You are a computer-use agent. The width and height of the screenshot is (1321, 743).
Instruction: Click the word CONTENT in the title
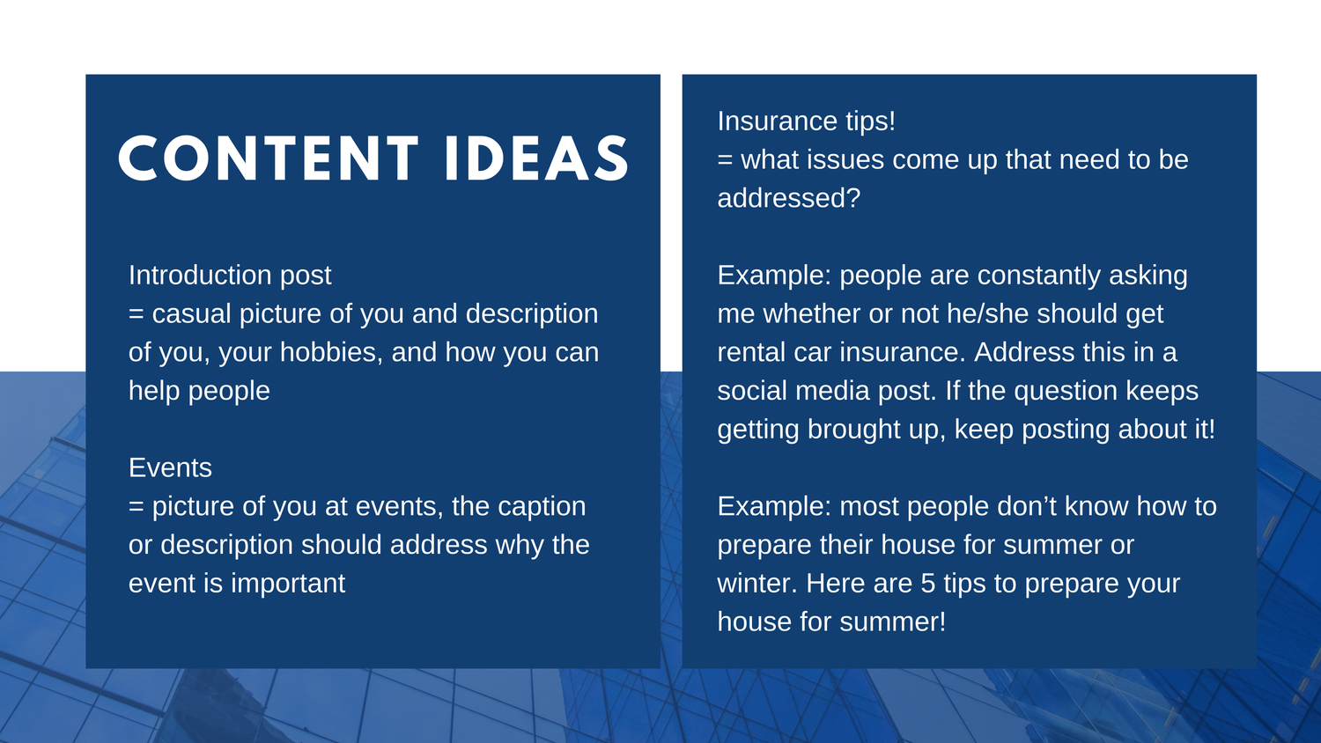(269, 158)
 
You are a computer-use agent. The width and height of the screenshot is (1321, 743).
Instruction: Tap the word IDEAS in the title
(536, 158)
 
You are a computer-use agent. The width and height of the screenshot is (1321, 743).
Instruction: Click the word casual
(192, 313)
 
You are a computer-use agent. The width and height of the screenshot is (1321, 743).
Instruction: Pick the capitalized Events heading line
(170, 467)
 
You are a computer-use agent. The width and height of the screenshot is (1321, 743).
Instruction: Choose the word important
(288, 584)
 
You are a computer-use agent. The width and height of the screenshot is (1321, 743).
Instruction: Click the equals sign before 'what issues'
(725, 160)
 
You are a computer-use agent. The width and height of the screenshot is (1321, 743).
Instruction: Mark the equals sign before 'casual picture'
(137, 314)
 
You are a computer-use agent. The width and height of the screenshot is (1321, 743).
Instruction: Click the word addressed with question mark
(789, 198)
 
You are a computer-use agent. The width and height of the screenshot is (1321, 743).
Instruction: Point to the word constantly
(1038, 276)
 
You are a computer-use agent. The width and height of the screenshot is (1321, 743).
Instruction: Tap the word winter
(757, 584)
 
